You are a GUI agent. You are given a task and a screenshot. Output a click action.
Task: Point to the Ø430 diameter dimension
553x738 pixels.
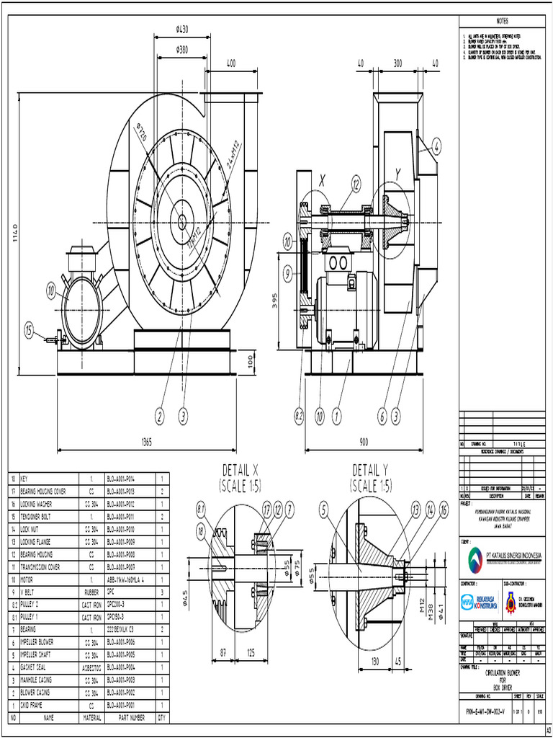pyautogui.click(x=182, y=30)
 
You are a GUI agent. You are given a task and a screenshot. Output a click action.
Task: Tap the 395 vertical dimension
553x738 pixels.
pyautogui.click(x=276, y=301)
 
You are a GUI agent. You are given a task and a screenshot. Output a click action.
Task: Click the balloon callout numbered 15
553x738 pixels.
pyautogui.click(x=29, y=332)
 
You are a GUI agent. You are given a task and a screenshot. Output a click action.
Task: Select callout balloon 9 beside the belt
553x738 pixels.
pyautogui.click(x=288, y=273)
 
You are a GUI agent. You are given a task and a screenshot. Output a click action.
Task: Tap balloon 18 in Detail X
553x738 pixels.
pyautogui.click(x=199, y=533)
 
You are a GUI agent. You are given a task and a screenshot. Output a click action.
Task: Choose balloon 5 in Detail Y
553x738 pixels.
pyautogui.click(x=325, y=510)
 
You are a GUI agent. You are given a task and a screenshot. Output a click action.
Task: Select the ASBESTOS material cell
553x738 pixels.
pyautogui.click(x=91, y=668)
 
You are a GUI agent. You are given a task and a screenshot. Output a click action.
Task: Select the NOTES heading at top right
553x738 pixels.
pyautogui.click(x=502, y=19)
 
